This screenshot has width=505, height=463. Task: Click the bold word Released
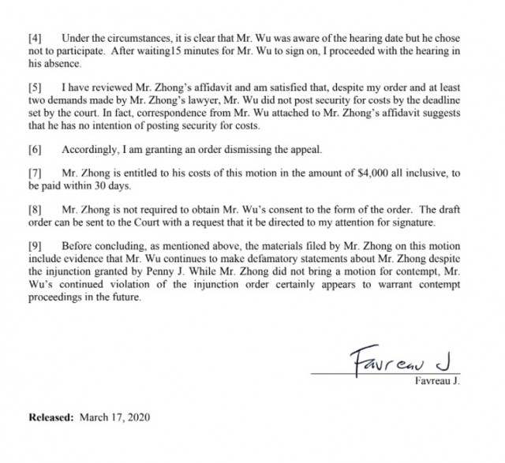(52, 415)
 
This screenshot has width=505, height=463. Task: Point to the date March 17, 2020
(114, 415)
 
